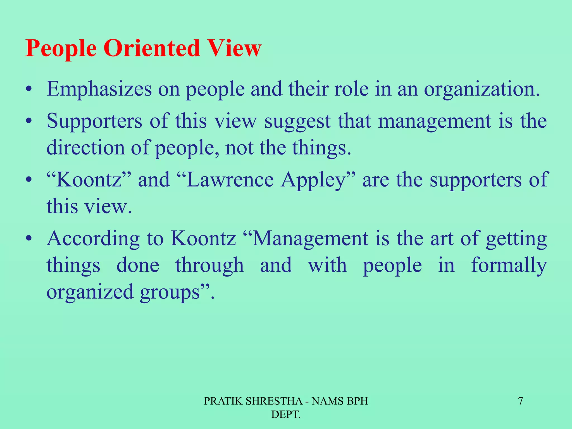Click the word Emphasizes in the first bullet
click(99, 89)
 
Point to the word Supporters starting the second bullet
click(94, 121)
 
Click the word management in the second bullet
click(435, 121)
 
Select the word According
click(93, 239)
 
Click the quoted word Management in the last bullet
click(310, 239)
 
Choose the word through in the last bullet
click(209, 265)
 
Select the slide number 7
click(520, 401)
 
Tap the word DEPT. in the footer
click(286, 414)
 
